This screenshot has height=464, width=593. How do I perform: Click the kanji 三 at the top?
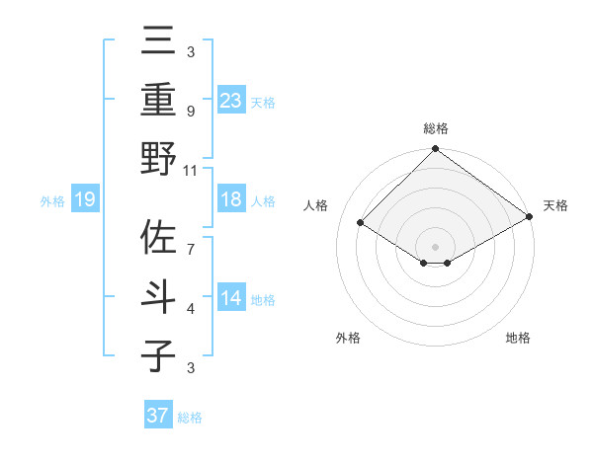159,42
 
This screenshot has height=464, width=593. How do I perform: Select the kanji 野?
159,159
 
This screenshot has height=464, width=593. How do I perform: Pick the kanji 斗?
159,297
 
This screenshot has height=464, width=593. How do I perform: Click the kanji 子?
159,355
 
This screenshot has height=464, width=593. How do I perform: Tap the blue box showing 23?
230,101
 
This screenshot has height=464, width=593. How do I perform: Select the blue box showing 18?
230,200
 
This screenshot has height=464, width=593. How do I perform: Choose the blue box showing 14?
230,299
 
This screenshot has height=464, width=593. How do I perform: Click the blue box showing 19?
84,200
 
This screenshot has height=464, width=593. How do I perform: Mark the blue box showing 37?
158,416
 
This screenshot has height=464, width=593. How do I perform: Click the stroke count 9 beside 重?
191,111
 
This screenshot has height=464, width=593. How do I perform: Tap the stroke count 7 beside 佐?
191,240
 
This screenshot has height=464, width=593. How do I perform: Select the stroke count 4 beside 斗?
191,309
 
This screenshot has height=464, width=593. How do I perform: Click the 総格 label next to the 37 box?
190,418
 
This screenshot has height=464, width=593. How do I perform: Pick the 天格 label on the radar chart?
555,205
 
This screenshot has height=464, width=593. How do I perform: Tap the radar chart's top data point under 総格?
435,150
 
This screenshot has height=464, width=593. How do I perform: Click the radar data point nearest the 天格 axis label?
529,217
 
